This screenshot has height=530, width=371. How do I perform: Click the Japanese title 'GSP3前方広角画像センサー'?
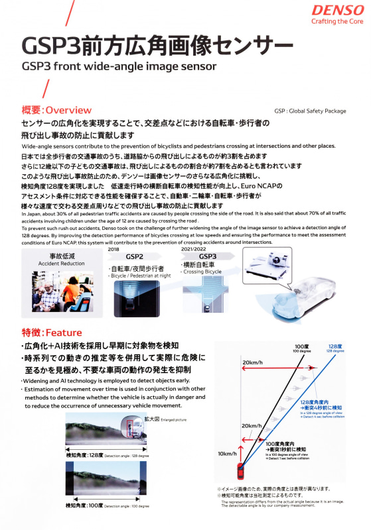coord(157,47)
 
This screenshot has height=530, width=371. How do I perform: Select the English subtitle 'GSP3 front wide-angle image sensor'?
coord(119,67)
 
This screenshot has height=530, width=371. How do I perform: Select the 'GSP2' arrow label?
coord(135,257)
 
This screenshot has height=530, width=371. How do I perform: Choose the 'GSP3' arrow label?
coord(208,256)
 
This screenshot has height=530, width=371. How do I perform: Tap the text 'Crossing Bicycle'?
coord(202,272)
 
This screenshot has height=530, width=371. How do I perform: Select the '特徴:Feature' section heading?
coord(52,332)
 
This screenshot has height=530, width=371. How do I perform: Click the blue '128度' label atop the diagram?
coord(334,347)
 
